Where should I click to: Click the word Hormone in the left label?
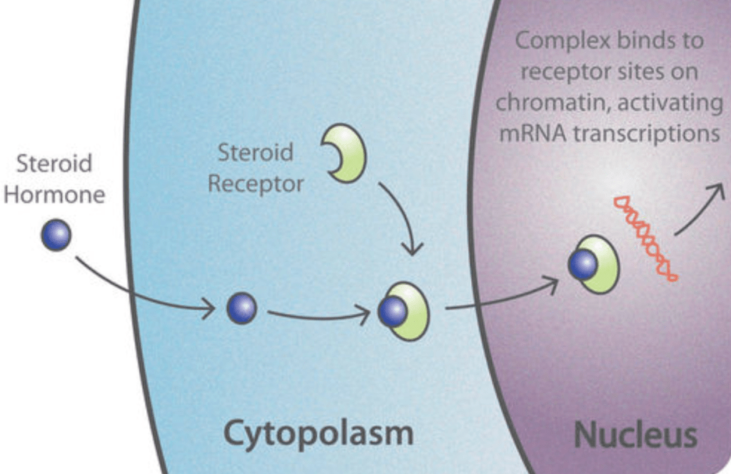click(54, 194)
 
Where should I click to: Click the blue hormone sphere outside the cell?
click(56, 236)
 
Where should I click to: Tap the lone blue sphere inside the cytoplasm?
click(241, 308)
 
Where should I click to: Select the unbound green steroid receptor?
click(347, 153)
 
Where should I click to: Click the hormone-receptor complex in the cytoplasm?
click(403, 311)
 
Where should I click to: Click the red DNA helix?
click(645, 238)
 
